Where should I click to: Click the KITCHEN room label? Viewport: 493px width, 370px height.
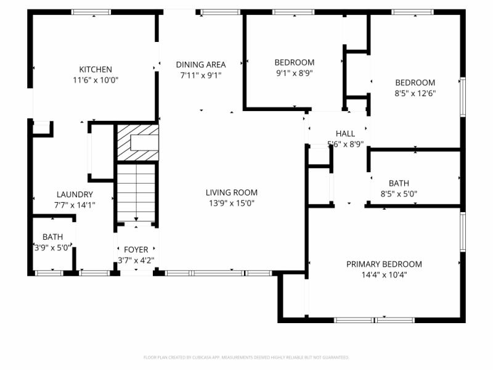[95, 70]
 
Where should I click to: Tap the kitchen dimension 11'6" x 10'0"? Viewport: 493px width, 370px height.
[95, 80]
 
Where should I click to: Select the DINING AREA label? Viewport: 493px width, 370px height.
[201, 64]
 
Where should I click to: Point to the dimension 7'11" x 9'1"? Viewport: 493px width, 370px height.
[201, 75]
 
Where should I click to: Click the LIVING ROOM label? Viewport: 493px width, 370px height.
[232, 192]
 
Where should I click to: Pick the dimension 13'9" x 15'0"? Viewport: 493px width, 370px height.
[232, 203]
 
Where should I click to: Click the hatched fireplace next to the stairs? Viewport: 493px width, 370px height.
[137, 142]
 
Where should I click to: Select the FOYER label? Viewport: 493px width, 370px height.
[136, 250]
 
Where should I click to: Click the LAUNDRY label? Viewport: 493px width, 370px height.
[75, 194]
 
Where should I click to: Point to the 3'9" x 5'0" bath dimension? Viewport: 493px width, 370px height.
[52, 247]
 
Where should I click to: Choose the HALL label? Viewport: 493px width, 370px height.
[345, 134]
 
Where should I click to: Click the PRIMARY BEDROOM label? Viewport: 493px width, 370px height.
[384, 264]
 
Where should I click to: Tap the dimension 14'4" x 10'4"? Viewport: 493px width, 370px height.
[384, 275]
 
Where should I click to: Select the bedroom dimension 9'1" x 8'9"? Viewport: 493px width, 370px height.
[294, 73]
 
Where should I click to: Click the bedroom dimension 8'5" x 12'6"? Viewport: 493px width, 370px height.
[415, 93]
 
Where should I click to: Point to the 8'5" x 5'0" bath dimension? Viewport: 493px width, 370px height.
[399, 194]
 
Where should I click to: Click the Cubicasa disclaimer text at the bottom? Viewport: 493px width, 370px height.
[246, 357]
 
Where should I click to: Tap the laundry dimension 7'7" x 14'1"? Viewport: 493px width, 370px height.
[75, 205]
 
